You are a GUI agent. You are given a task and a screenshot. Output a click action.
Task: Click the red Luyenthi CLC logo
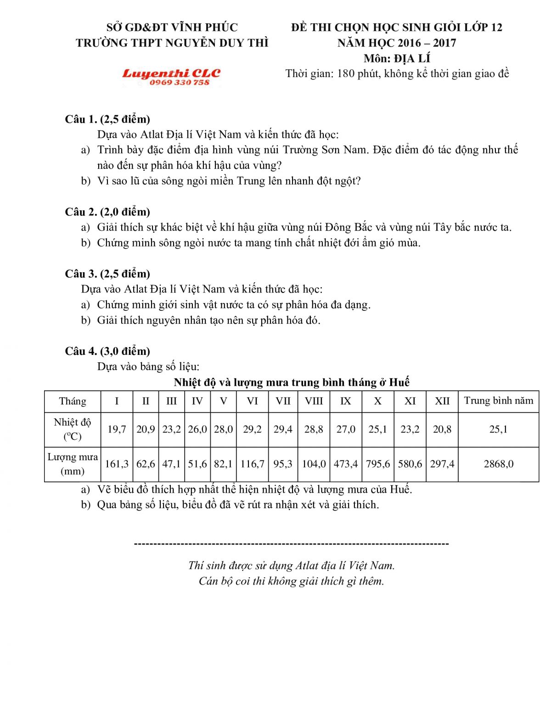pyautogui.click(x=171, y=73)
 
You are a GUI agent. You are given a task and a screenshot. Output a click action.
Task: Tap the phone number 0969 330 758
pyautogui.click(x=179, y=83)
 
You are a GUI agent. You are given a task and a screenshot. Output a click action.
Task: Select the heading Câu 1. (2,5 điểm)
pyautogui.click(x=107, y=119)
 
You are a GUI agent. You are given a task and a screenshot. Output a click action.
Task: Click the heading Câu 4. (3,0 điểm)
pyautogui.click(x=107, y=351)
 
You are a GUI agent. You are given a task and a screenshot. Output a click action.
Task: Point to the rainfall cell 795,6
pyautogui.click(x=378, y=464)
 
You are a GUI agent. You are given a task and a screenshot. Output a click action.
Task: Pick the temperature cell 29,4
pyautogui.click(x=283, y=429)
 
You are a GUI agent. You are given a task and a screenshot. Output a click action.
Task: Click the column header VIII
pyautogui.click(x=314, y=401)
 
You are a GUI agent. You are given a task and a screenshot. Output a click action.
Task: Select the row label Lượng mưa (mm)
pyautogui.click(x=73, y=464)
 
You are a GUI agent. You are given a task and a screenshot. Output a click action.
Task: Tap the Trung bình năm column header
pyautogui.click(x=498, y=401)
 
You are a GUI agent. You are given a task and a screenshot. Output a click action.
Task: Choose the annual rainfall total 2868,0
pyautogui.click(x=498, y=464)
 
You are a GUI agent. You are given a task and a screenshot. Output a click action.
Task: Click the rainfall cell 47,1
pyautogui.click(x=171, y=464)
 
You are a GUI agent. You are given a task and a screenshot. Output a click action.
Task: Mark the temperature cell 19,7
pyautogui.click(x=117, y=429)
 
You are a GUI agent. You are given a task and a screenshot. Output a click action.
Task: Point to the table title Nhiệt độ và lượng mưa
pyautogui.click(x=292, y=382)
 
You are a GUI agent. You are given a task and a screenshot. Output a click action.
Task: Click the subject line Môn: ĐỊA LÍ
pyautogui.click(x=397, y=58)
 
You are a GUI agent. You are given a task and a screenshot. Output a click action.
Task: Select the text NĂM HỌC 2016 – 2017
pyautogui.click(x=397, y=43)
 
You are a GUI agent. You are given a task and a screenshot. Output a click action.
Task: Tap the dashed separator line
pyautogui.click(x=291, y=544)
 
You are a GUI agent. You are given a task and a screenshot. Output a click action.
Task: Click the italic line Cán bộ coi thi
pyautogui.click(x=291, y=581)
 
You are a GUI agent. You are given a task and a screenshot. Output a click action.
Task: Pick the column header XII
pyautogui.click(x=442, y=401)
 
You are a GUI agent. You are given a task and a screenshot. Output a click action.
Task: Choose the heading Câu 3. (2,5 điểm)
pyautogui.click(x=107, y=274)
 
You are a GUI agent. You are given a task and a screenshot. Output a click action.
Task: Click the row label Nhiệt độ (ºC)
pyautogui.click(x=73, y=429)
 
